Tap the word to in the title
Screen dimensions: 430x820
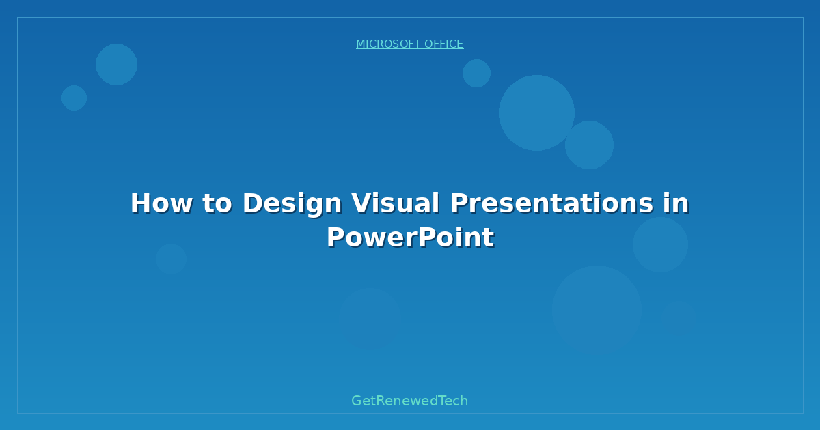click(x=217, y=203)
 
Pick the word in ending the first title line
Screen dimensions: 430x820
click(x=675, y=203)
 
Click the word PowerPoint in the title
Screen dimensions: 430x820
click(x=410, y=238)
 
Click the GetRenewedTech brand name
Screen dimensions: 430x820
click(x=410, y=401)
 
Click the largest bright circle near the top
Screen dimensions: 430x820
click(x=536, y=113)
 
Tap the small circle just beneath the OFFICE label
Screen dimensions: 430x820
click(x=476, y=73)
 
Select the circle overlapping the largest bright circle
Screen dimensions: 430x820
click(x=589, y=145)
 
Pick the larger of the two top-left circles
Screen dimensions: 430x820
click(x=116, y=64)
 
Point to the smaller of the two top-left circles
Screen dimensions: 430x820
click(x=74, y=98)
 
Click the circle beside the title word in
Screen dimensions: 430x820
click(x=660, y=244)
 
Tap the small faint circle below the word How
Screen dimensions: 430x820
click(x=171, y=259)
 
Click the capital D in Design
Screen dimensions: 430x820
click(x=252, y=203)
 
